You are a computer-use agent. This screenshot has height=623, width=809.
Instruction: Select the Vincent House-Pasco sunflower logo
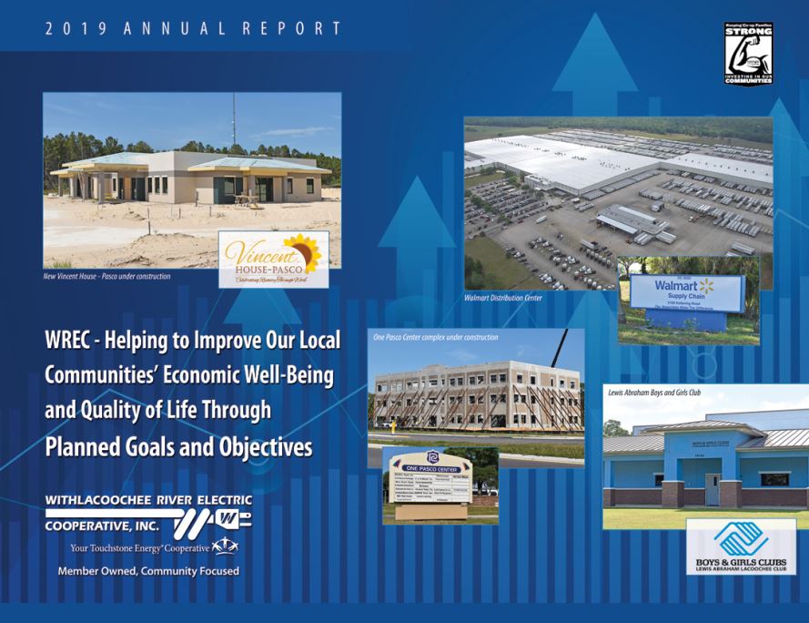tap(273, 259)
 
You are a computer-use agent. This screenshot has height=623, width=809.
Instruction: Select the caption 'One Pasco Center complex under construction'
tap(436, 337)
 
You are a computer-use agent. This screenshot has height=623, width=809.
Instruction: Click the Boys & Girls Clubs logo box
tap(740, 546)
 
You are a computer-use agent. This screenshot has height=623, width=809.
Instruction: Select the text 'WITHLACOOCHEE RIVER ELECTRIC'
tap(147, 500)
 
